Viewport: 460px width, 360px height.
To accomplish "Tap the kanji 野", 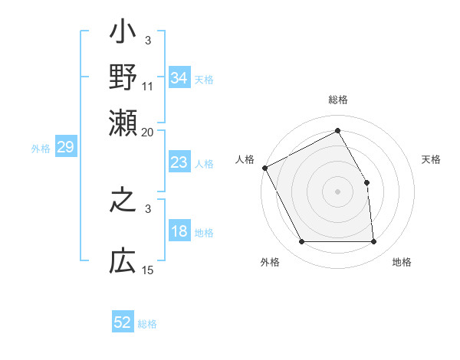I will tap(123, 77).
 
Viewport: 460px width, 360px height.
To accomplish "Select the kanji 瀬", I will tap(123, 120).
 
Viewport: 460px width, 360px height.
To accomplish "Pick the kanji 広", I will tap(123, 261).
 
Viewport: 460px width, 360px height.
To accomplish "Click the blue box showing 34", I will tap(179, 78).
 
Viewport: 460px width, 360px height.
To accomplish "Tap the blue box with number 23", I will tap(179, 162).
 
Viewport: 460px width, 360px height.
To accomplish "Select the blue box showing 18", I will tap(179, 232).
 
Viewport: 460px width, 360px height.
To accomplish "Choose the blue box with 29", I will tap(65, 147).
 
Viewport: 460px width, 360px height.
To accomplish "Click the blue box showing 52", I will tap(123, 322).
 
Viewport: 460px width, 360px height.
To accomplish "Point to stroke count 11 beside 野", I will tap(148, 86).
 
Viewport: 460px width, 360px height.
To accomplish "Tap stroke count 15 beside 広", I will tap(148, 270).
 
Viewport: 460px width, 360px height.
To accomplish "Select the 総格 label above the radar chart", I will tap(338, 100).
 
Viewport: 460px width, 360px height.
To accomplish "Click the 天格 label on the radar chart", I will tap(431, 159).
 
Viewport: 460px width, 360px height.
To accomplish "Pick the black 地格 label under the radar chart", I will tap(402, 263).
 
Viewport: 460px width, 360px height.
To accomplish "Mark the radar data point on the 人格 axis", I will tap(264, 168).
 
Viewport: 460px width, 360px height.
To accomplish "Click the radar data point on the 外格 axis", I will tap(301, 242).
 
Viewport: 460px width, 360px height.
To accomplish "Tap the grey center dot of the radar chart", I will tap(338, 191).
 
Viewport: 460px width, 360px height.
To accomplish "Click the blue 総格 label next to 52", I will tap(147, 324).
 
